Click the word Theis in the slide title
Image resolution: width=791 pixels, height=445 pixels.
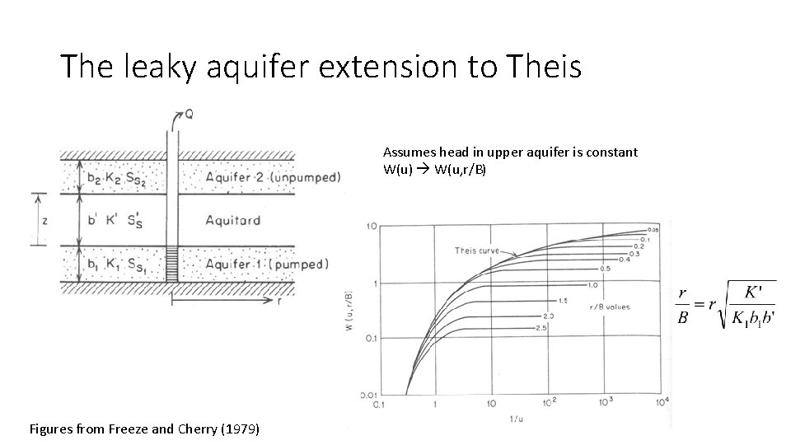click(545, 66)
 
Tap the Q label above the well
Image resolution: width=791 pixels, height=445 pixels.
click(189, 115)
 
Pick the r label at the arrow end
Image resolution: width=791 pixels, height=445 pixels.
click(281, 301)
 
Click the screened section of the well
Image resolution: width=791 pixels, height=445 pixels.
click(172, 264)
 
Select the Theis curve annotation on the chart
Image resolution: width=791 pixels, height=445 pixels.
click(478, 251)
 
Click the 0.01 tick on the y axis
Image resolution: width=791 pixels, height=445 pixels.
click(368, 396)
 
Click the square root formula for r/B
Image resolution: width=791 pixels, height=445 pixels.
click(725, 305)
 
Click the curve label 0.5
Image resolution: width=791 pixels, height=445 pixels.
click(605, 269)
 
